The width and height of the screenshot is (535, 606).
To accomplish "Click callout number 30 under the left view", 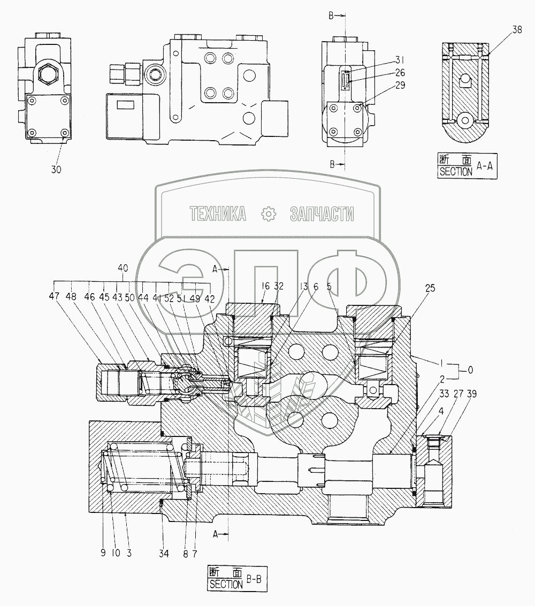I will tap(56, 170).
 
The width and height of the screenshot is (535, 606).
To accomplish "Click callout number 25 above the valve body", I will tap(431, 288).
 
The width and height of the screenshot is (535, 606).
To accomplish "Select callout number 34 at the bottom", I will tap(163, 554).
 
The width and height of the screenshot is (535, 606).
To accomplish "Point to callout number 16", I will tap(265, 286).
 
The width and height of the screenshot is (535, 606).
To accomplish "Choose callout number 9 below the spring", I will tap(103, 554).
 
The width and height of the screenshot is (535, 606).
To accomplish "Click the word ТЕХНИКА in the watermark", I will tap(218, 214).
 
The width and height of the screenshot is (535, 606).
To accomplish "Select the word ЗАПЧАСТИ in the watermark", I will tap(322, 214).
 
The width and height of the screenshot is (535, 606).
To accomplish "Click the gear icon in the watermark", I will tap(267, 214).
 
